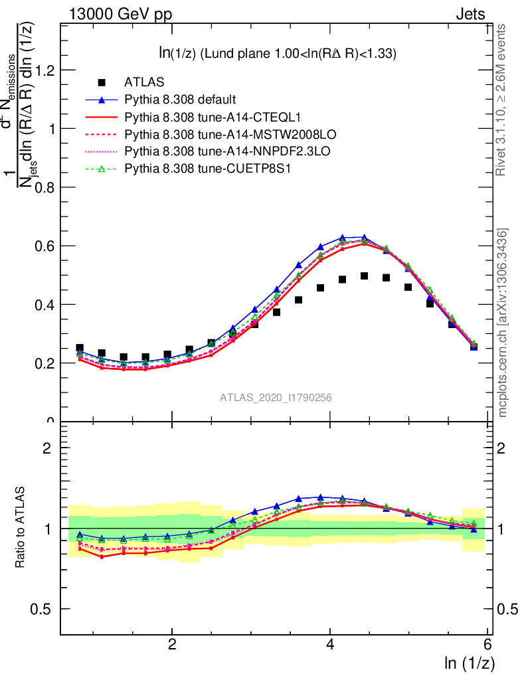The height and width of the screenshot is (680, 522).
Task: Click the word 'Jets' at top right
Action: point(470,14)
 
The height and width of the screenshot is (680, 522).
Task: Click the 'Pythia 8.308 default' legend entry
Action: point(180,100)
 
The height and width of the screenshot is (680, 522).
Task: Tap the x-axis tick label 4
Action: point(330,645)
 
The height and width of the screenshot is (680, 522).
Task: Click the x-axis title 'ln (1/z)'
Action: point(468,663)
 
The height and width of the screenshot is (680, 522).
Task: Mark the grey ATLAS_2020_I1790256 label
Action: point(276,398)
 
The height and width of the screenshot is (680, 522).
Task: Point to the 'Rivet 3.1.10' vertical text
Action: point(503,100)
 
